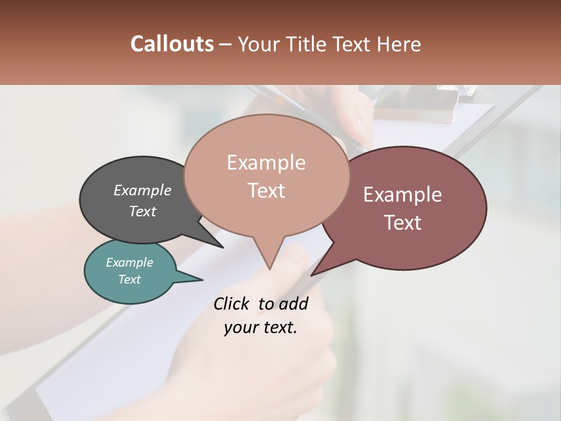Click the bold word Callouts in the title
[x=172, y=44]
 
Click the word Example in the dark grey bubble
[x=143, y=190]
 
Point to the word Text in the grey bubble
[x=143, y=211]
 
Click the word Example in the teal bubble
[x=129, y=263]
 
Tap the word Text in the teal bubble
[x=129, y=279]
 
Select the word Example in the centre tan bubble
[x=266, y=163]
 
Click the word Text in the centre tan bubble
[x=266, y=191]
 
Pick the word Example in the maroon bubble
[x=403, y=195]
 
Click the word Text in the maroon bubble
[x=403, y=223]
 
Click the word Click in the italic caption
[x=231, y=303]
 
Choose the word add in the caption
[x=293, y=303]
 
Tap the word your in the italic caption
[x=240, y=327]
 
